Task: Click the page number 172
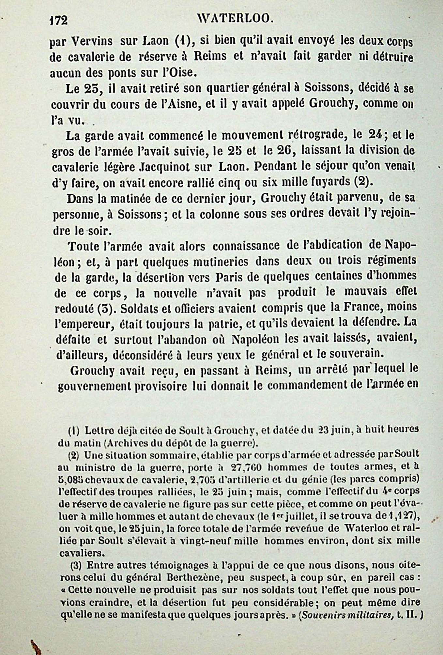coord(58,21)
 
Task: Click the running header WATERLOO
coord(235,20)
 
